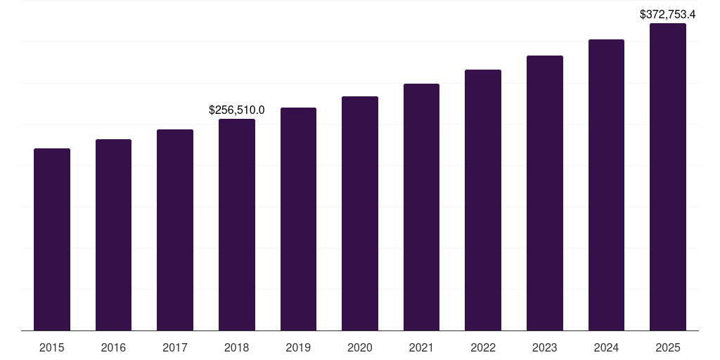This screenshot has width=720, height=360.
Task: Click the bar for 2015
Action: (x=52, y=239)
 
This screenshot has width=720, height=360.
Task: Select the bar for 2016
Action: (x=113, y=235)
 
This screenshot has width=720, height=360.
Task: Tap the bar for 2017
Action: (x=175, y=230)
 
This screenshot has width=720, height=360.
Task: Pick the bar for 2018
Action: (x=237, y=224)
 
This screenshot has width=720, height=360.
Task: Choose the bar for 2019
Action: (x=298, y=219)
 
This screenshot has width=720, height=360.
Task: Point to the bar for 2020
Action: (x=360, y=213)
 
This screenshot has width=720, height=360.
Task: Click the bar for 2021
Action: (x=421, y=207)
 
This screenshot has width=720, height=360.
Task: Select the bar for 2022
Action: (x=483, y=200)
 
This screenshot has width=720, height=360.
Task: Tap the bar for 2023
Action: (x=545, y=193)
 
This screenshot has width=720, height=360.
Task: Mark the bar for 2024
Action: (x=606, y=185)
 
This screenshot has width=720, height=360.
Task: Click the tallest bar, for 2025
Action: (x=668, y=176)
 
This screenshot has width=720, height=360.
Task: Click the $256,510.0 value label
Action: (x=237, y=110)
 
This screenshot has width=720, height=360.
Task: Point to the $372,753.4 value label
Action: (x=667, y=14)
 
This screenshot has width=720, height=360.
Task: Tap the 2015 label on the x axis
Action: (x=52, y=347)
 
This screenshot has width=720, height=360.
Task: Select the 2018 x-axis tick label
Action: (x=237, y=347)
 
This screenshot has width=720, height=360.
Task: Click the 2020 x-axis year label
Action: (x=360, y=347)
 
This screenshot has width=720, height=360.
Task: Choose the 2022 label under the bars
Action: (x=483, y=347)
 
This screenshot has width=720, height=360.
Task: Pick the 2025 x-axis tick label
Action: (x=668, y=347)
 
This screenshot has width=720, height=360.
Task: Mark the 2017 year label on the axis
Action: (x=175, y=347)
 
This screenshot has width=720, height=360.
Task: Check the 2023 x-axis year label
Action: (x=545, y=347)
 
